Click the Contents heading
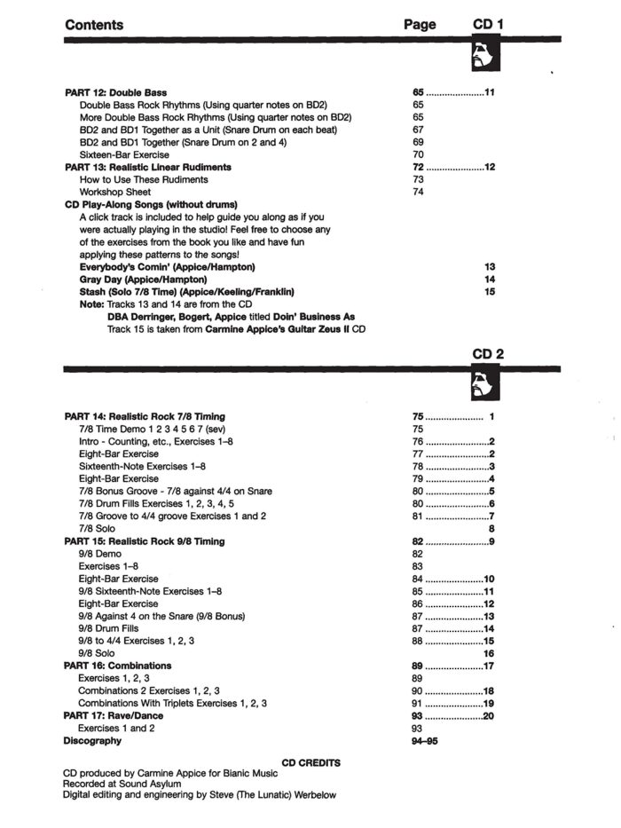94,25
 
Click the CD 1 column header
489,25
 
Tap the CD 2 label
489,354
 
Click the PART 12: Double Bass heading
116,92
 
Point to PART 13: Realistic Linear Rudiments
148,167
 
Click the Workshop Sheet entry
115,192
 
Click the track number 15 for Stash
490,291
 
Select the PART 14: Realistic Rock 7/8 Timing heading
145,416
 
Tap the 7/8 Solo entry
97,528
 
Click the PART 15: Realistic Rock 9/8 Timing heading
145,541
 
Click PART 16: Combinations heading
118,666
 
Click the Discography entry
92,740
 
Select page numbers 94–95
426,740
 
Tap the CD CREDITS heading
310,762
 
